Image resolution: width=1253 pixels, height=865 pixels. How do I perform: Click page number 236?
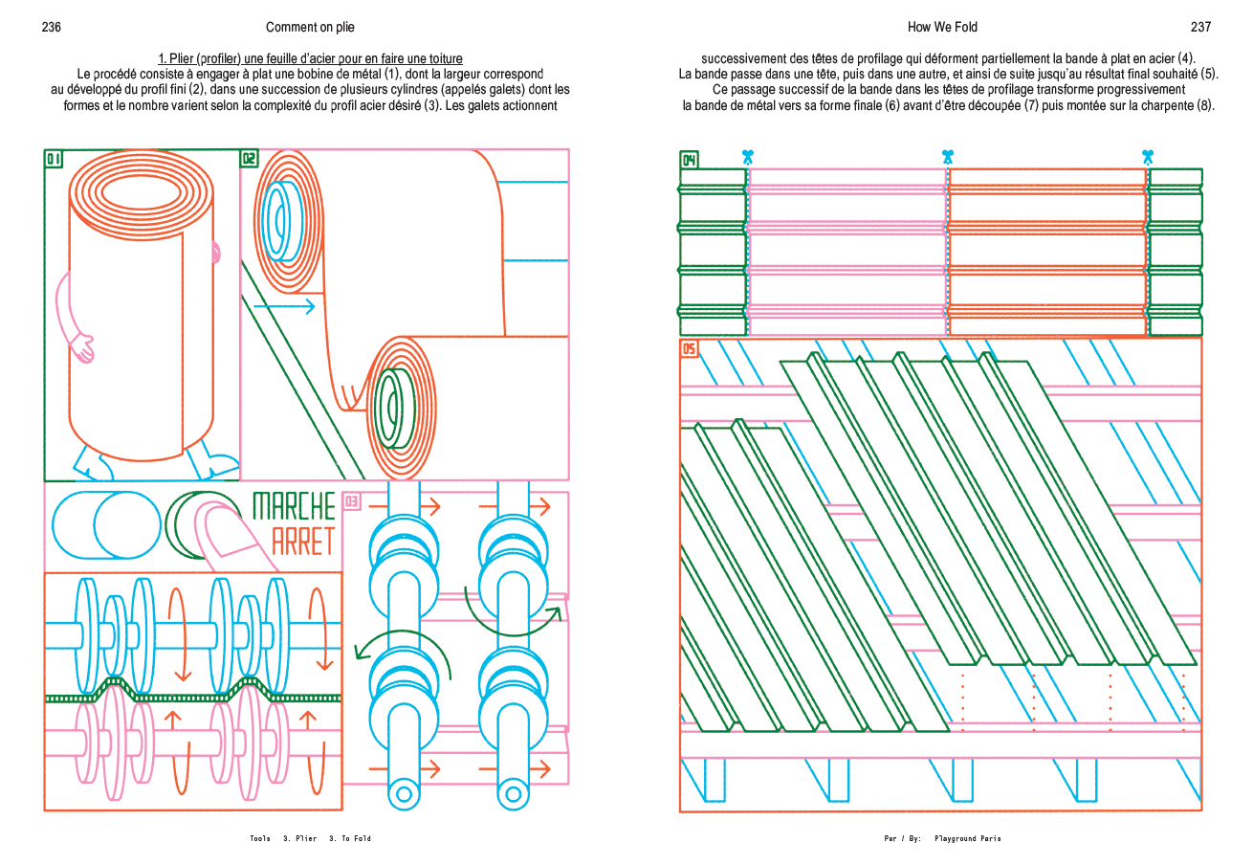52,27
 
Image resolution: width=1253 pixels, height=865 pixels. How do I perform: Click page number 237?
1200,27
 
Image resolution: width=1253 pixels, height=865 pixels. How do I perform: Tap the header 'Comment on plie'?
310,27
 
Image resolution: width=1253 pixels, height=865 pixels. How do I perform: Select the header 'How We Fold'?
942,27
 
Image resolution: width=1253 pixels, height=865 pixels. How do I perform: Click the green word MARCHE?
294,505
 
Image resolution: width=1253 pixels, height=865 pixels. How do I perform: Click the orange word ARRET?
303,542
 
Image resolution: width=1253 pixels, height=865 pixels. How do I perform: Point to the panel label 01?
54,160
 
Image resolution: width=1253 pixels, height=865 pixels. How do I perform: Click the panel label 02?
249,160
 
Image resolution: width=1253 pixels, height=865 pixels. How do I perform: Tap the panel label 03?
351,500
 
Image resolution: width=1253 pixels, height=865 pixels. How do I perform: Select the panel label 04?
689,160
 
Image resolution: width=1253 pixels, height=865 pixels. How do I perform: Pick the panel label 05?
689,349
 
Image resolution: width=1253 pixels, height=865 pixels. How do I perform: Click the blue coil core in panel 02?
278,220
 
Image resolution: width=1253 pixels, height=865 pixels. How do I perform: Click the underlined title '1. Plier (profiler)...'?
310,59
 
